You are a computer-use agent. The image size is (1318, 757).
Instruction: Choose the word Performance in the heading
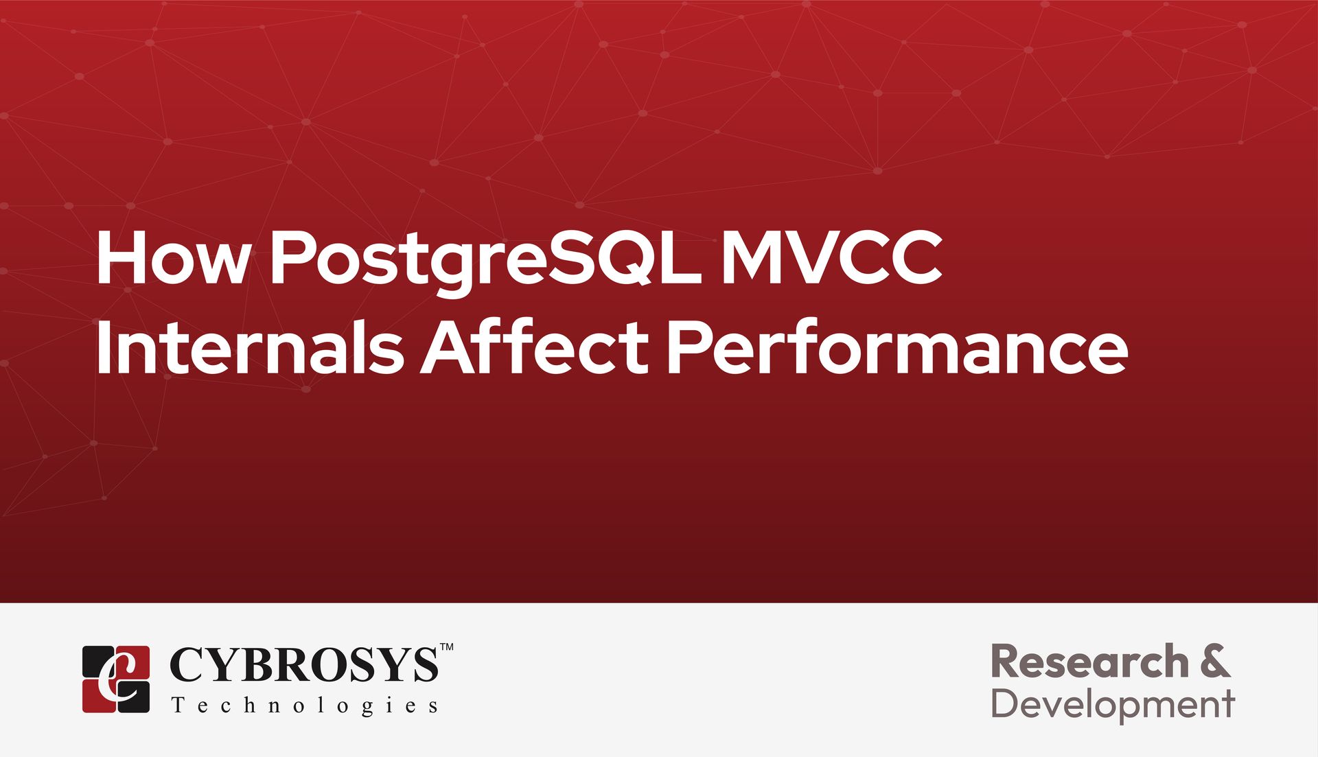coord(897,347)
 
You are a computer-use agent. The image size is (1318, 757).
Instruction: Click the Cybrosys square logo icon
coord(116,679)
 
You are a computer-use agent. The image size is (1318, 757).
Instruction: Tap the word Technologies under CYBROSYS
coord(305,706)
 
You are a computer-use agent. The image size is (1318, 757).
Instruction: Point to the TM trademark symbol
coord(446,647)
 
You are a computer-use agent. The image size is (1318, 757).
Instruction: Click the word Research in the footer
coord(1089,662)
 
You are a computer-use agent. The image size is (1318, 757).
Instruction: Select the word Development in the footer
coord(1113,705)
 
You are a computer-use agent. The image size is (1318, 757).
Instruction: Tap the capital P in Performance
coord(688,347)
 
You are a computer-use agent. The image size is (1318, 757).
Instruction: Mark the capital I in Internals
coord(102,347)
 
